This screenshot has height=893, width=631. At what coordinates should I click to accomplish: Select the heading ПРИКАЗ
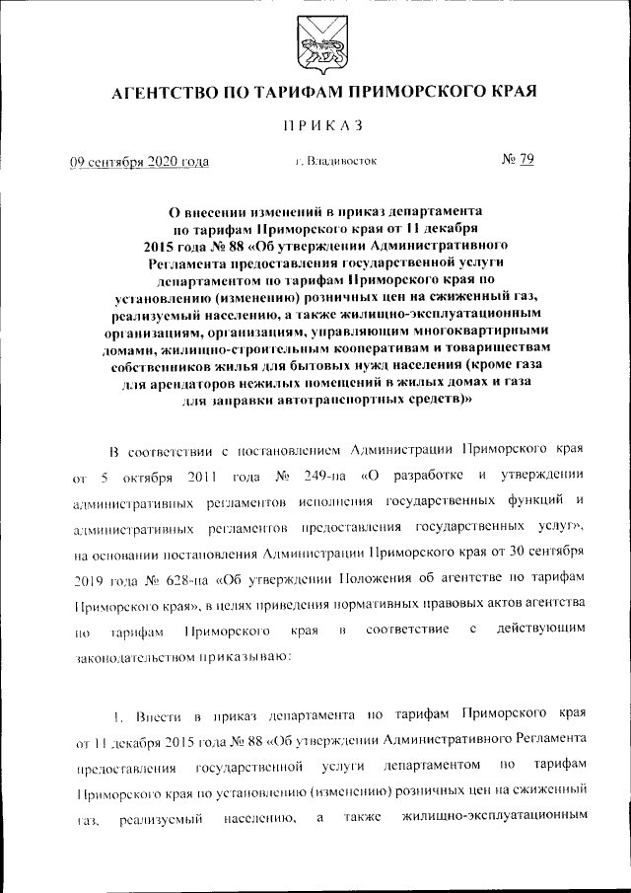tap(315, 125)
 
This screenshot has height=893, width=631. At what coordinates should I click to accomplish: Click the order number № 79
tap(518, 160)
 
